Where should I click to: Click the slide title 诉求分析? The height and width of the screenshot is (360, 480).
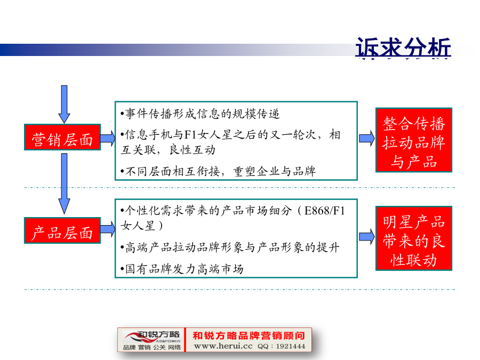(403, 47)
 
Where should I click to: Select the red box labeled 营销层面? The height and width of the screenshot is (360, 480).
(62, 137)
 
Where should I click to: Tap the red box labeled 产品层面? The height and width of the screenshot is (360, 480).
(62, 230)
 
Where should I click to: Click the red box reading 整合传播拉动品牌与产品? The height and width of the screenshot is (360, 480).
(414, 140)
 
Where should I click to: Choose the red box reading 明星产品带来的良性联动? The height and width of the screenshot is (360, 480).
(414, 238)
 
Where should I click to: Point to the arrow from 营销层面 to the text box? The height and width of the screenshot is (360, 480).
(108, 138)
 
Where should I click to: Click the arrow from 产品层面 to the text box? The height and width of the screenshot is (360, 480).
(108, 229)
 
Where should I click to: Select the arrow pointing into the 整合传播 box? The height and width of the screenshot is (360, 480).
(367, 138)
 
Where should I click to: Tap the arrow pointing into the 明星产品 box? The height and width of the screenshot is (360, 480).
(367, 237)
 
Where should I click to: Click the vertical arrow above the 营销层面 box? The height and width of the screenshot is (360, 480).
(64, 105)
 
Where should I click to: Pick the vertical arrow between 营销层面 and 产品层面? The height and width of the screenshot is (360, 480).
(64, 183)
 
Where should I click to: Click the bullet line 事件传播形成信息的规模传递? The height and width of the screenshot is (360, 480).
(200, 114)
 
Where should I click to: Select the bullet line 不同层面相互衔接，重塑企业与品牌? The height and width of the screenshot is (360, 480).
(218, 171)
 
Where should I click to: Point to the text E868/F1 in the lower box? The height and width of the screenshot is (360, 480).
(324, 211)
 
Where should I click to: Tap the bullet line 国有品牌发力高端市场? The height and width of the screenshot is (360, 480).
(182, 269)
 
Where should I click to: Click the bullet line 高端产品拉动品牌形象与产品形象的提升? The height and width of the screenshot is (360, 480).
(229, 247)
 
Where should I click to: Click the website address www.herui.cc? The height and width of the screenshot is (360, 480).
(223, 346)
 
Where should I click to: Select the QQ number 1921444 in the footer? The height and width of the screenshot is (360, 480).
(291, 346)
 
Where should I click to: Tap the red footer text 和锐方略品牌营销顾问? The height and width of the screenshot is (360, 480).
(249, 335)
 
